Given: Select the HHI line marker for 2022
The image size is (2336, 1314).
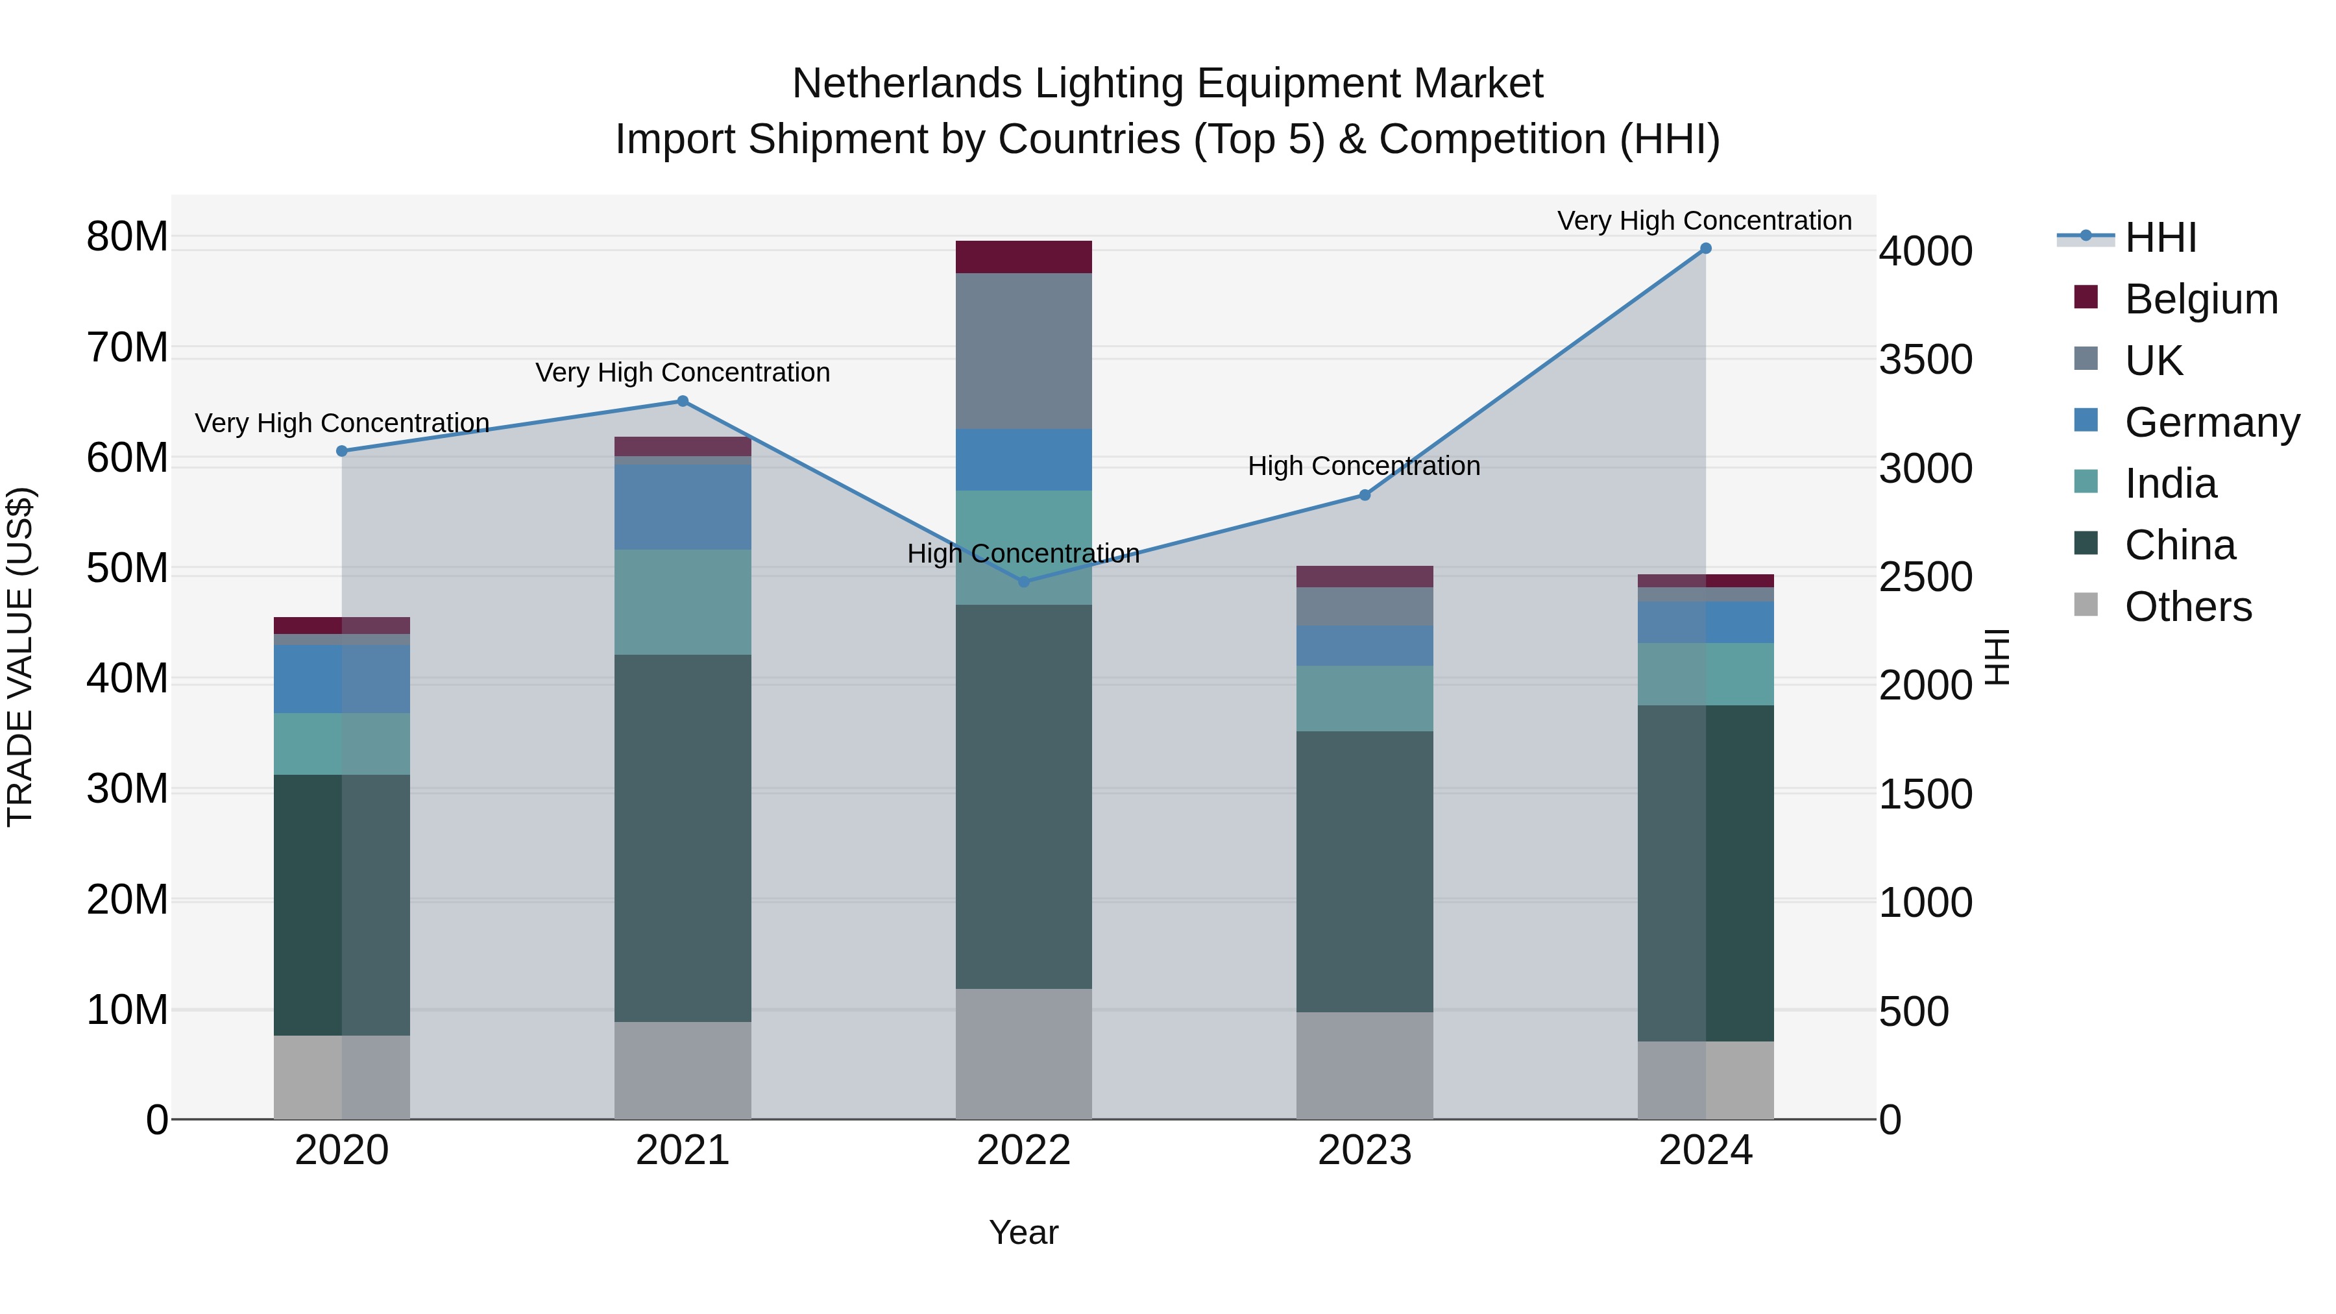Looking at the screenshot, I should click(1024, 581).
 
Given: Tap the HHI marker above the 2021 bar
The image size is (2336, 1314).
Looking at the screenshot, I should click(683, 401).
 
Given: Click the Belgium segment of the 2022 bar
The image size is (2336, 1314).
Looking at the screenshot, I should click(1024, 256).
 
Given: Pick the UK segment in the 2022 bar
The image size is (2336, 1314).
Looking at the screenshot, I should click(1024, 351).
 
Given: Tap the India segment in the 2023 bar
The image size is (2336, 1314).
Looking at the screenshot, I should click(1364, 698).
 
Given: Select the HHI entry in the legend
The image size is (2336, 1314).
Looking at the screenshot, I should click(2160, 237).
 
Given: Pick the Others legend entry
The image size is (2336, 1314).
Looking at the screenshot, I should click(2187, 607).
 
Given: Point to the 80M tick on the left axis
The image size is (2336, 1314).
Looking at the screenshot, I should click(127, 237).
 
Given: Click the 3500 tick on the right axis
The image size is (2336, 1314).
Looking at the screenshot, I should click(1925, 360).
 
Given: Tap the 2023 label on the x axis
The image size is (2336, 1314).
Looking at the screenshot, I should click(1364, 1150).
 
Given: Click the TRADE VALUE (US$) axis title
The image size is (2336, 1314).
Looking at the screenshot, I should click(20, 657).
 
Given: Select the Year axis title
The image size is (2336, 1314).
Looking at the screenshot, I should click(1024, 1232).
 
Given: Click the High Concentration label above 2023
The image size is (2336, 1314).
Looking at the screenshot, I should click(1364, 466).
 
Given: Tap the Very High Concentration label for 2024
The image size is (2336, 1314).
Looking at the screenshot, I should click(1704, 221).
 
